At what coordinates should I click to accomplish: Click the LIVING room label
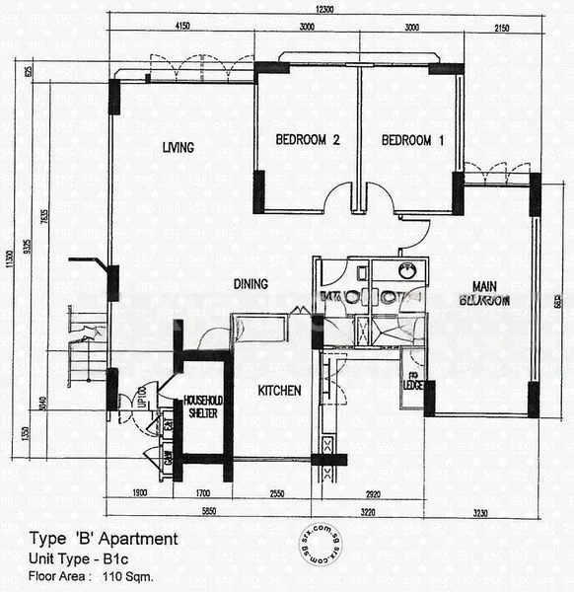(178, 148)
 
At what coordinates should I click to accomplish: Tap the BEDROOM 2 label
(307, 141)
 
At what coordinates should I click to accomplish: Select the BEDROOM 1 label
(412, 141)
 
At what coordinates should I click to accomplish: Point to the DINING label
(251, 284)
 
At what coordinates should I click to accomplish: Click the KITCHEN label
(279, 391)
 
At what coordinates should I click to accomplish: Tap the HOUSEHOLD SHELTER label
(202, 407)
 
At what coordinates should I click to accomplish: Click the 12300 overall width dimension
(313, 8)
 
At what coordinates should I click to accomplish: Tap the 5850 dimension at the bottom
(204, 511)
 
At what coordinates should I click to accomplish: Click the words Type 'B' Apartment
(105, 539)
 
